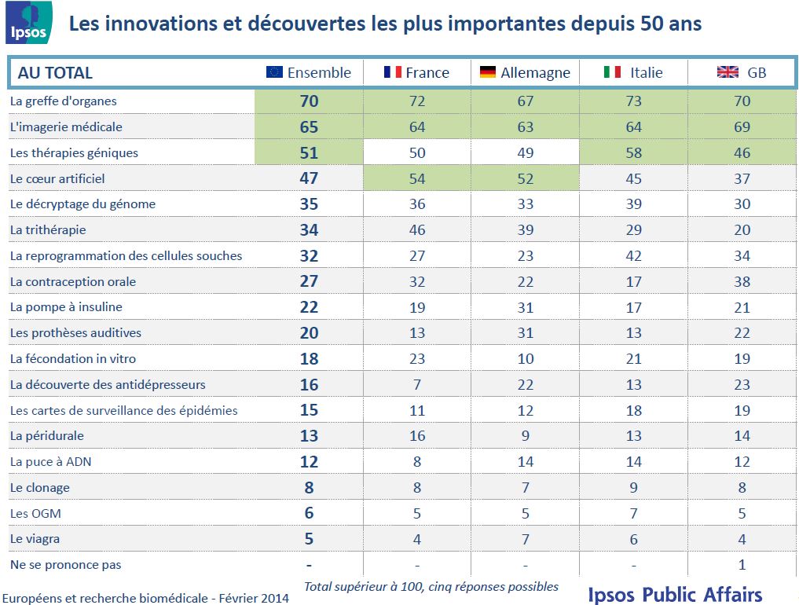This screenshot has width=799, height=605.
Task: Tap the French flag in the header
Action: tap(393, 72)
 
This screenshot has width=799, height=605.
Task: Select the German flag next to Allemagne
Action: tap(488, 72)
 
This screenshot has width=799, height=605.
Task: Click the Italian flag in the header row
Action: tap(612, 72)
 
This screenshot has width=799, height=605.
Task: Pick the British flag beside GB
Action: tap(728, 72)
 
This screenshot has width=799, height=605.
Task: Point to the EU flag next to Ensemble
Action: tap(274, 72)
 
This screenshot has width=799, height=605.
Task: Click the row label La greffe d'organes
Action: tap(63, 101)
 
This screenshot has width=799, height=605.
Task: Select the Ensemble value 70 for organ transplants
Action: tap(309, 101)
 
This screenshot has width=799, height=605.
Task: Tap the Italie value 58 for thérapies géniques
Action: tap(633, 152)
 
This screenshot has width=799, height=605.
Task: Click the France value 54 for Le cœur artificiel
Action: tap(417, 178)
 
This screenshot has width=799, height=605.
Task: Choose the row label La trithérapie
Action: tap(48, 230)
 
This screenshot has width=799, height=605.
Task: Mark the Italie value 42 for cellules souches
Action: tap(633, 256)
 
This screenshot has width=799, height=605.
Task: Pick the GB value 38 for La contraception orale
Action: tap(742, 282)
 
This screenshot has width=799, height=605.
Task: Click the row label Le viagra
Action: tap(35, 539)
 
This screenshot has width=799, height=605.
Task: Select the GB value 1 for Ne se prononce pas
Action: tap(742, 565)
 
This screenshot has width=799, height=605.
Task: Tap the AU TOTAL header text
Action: tap(55, 73)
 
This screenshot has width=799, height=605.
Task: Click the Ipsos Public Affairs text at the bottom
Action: tap(674, 593)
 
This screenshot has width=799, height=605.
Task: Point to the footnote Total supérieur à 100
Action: tap(431, 586)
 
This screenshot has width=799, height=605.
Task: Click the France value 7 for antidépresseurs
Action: tap(417, 385)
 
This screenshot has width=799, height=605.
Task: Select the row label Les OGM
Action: tap(35, 513)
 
